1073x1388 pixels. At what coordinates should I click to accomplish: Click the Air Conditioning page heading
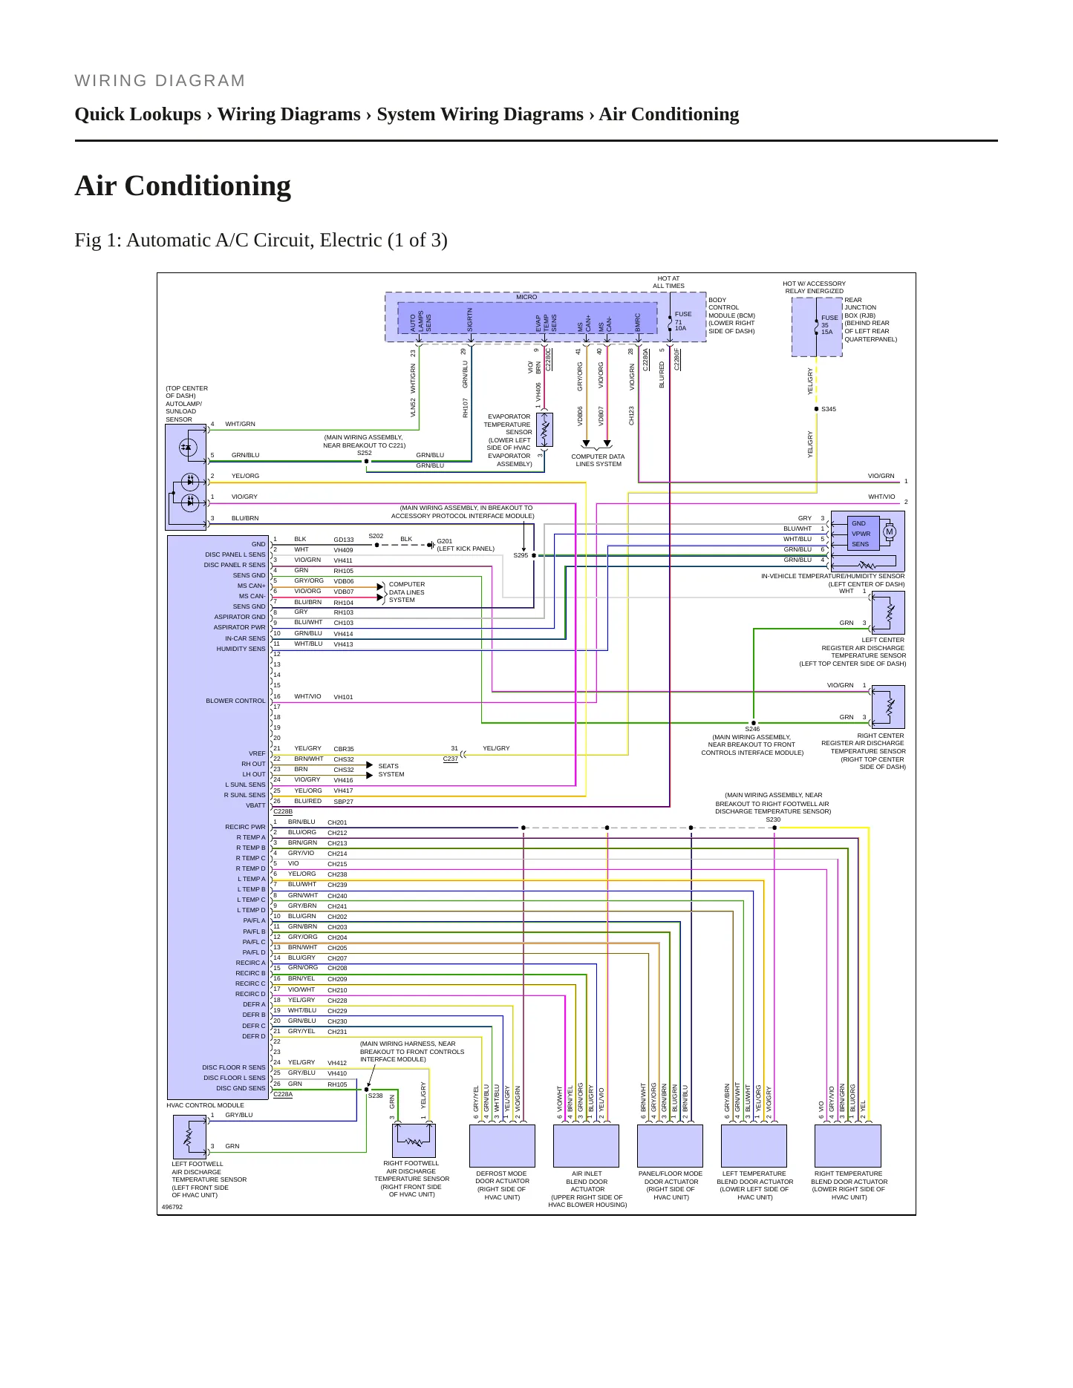point(183,186)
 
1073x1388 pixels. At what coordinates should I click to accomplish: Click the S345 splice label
point(829,409)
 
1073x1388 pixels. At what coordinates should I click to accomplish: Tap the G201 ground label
point(444,541)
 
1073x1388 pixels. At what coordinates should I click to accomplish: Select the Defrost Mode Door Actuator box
point(502,1146)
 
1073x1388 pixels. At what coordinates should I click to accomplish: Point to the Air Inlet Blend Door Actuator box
point(586,1146)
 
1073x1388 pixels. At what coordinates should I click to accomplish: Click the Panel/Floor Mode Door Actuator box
point(670,1146)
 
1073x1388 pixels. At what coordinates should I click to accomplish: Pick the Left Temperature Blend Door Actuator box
point(754,1146)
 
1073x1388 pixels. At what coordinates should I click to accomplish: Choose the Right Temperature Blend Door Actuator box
point(848,1146)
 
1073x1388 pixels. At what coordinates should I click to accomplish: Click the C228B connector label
point(283,812)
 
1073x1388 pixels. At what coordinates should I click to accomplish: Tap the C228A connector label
point(283,1094)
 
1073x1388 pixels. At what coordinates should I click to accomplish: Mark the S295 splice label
point(521,555)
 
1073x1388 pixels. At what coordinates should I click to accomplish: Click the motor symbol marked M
point(889,531)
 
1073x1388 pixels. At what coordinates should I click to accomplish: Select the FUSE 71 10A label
point(682,321)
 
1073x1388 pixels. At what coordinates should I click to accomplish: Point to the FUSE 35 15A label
point(829,325)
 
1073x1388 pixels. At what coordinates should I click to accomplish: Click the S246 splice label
point(752,729)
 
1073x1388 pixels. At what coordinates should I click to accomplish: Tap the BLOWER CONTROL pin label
point(235,701)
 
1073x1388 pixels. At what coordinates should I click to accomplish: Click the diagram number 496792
point(172,1207)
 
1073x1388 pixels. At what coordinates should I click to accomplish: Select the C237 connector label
point(450,759)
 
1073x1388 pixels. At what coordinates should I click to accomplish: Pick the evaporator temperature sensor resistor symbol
point(544,430)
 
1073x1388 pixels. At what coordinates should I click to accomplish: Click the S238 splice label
point(375,1096)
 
